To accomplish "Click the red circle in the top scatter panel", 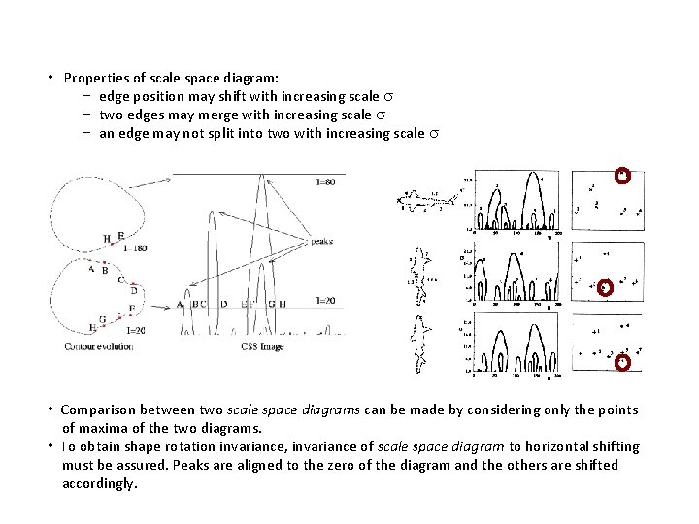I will pos(623,176).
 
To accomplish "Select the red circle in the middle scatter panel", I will pos(605,288).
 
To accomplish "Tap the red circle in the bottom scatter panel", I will pos(623,362).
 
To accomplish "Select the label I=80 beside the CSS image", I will pos(326,182).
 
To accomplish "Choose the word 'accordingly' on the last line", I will pos(99,483).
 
